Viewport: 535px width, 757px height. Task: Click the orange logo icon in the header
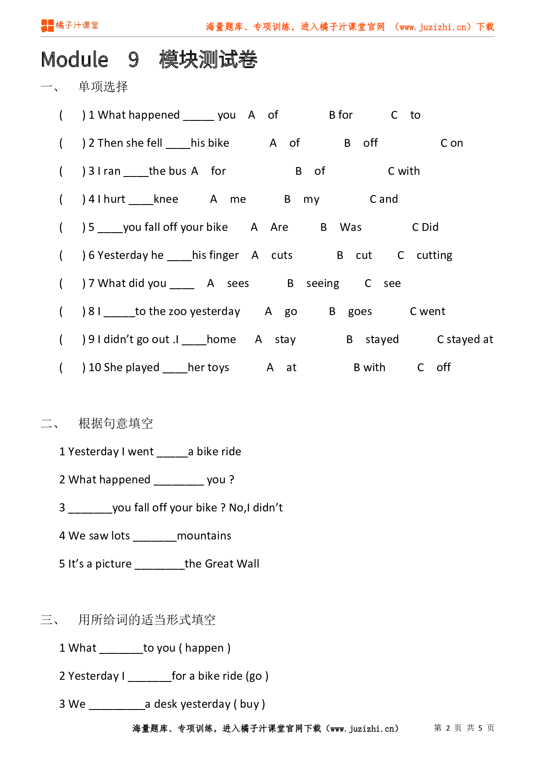(x=47, y=25)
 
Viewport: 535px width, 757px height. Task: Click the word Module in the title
(x=75, y=60)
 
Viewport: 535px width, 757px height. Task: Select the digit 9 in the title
(x=133, y=60)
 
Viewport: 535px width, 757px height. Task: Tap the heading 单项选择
(x=103, y=87)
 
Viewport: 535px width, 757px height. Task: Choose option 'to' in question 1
(x=415, y=115)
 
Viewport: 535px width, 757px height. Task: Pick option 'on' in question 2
(x=456, y=143)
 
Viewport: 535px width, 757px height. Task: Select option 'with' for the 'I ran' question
(x=409, y=171)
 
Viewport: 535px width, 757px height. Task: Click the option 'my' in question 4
(x=311, y=199)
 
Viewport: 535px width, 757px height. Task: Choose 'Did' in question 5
(x=430, y=227)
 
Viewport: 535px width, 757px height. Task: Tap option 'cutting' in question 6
(x=434, y=255)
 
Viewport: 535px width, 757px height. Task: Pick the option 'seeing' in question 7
(x=323, y=284)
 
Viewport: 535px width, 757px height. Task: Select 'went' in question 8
(x=432, y=312)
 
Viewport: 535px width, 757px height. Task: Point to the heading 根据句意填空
(x=116, y=423)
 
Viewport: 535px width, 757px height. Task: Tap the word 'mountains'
(x=204, y=536)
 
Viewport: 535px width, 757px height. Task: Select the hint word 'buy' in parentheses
(x=249, y=704)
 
